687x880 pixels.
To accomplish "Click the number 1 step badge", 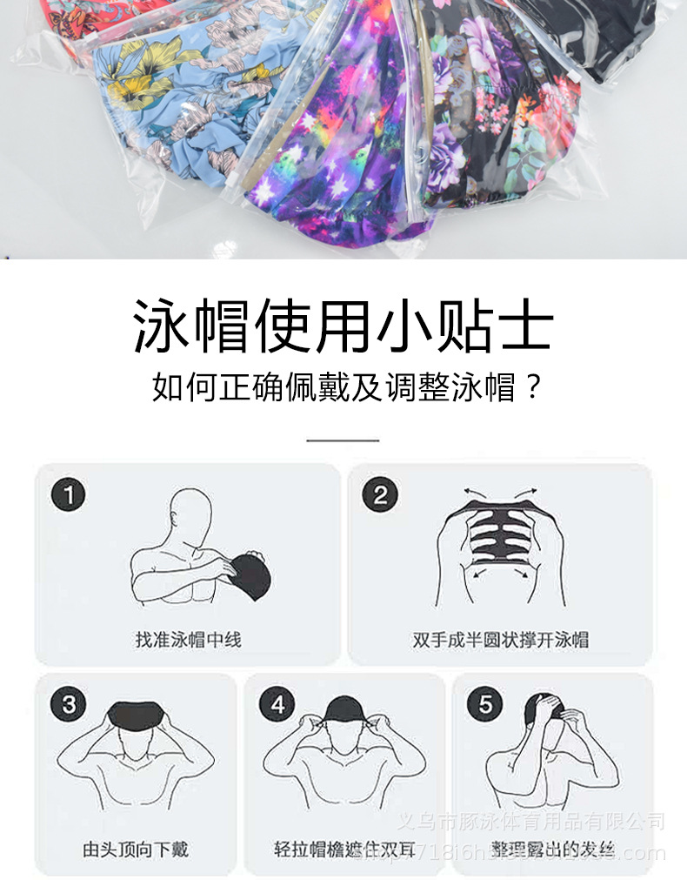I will [69, 496].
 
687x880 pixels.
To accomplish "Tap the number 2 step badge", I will [380, 496].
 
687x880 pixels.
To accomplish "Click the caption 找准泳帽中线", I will [188, 640].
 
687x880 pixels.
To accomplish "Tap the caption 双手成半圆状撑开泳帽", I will [500, 640].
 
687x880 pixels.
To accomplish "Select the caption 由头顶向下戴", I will [136, 849].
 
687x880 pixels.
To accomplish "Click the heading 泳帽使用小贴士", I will [343, 326].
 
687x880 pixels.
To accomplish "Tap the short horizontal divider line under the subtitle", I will [343, 440].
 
